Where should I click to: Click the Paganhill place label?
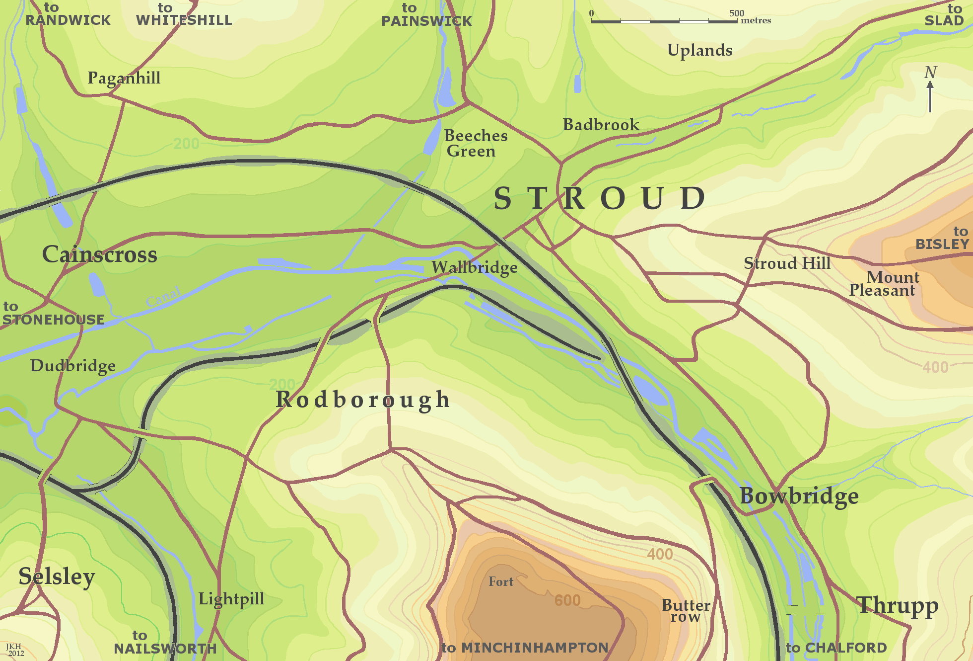tap(124, 78)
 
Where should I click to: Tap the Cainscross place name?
tap(99, 254)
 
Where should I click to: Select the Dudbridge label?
tap(73, 366)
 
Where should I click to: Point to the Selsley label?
tap(57, 577)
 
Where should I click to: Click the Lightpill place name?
tap(231, 599)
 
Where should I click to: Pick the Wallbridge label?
tap(474, 267)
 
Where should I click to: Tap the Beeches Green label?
tap(475, 143)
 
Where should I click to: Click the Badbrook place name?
tap(601, 125)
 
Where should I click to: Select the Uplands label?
tap(699, 50)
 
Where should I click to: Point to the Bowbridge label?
tap(799, 496)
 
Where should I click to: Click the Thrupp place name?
tap(898, 605)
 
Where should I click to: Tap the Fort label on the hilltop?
tap(500, 582)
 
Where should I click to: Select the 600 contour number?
tap(567, 600)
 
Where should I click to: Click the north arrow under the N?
tap(930, 97)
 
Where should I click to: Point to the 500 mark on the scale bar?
tap(737, 13)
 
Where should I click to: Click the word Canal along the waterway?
tap(164, 296)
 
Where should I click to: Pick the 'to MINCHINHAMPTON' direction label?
tap(525, 648)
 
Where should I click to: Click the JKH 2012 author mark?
tap(14, 650)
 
